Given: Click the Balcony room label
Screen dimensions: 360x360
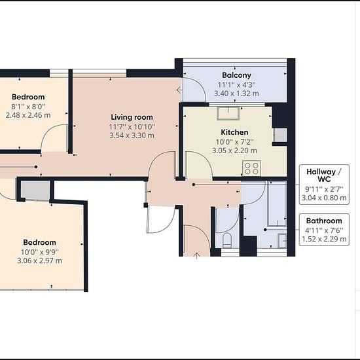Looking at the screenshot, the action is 236,75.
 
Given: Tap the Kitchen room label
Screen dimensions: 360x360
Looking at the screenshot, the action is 234,132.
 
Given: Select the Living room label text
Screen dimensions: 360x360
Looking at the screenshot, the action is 132,117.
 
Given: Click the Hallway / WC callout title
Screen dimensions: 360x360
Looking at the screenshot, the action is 324,175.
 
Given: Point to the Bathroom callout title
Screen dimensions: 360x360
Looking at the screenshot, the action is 324,221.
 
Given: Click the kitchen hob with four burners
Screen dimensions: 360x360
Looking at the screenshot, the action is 251,168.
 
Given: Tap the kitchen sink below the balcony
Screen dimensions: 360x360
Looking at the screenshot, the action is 228,113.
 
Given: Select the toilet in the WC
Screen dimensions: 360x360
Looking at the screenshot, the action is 227,240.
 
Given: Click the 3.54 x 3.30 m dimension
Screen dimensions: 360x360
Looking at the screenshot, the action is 132,135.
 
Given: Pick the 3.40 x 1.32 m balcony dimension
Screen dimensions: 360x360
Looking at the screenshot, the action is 236,94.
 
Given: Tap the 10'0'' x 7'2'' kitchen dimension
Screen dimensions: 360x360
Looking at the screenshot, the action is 234,142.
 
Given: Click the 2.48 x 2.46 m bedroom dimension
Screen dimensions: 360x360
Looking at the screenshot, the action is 28,115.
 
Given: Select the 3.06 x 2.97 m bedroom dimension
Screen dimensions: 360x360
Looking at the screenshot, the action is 39,261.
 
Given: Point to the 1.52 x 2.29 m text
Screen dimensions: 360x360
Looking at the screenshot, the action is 324,239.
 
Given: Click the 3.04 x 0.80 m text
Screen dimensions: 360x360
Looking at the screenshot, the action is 324,198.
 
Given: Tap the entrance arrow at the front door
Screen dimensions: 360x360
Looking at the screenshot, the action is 196,255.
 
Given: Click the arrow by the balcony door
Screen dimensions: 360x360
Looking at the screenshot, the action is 179,90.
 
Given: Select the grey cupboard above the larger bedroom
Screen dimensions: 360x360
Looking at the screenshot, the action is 35,190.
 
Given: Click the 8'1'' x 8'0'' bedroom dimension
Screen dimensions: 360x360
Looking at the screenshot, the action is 28,106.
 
